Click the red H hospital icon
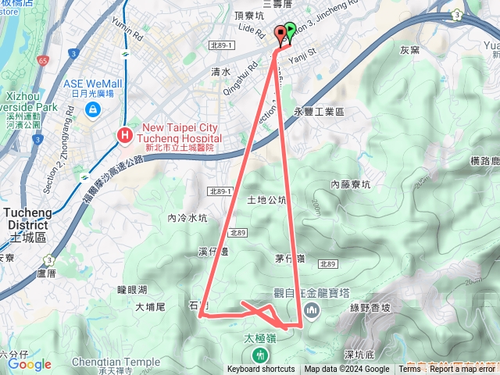pyautogui.click(x=123, y=136)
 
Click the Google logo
pyautogui.click(x=30, y=364)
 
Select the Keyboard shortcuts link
pyautogui.click(x=261, y=370)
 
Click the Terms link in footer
pyautogui.click(x=409, y=370)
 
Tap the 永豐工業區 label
pyautogui.click(x=318, y=112)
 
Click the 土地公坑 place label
pyautogui.click(x=266, y=199)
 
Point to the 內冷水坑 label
pyautogui.click(x=187, y=218)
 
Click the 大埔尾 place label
pyautogui.click(x=150, y=308)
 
